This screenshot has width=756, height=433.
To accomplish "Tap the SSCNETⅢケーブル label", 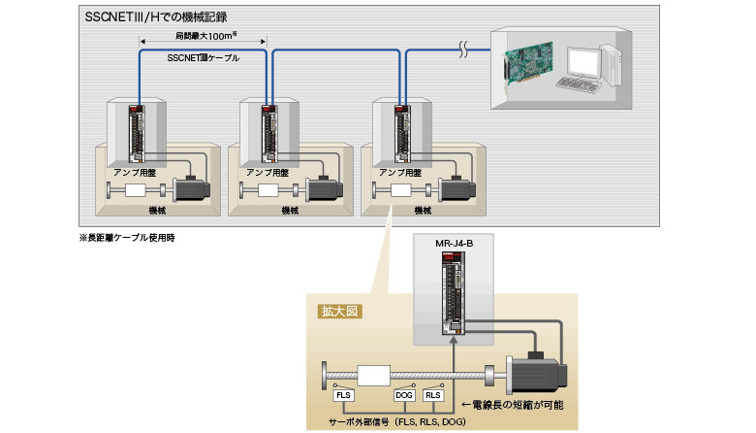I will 204,58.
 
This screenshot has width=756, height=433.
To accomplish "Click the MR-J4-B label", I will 454,242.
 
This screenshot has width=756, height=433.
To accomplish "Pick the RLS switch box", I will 435,395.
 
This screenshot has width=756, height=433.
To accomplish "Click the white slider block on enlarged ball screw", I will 373,375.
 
